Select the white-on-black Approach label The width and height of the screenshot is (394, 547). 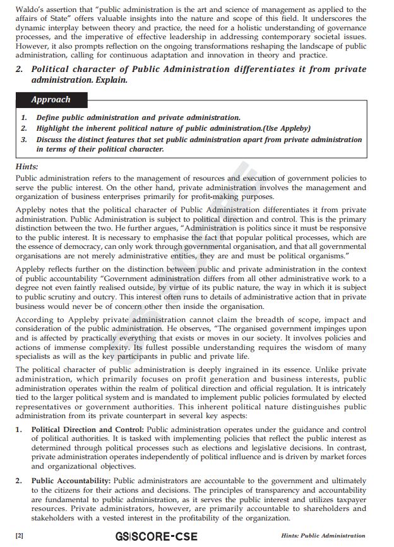(51, 100)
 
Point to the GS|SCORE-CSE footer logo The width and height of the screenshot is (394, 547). (156, 536)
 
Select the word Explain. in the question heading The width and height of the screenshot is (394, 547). (112, 81)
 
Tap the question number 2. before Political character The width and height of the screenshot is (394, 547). (20, 69)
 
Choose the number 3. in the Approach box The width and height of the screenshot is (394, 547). (24, 140)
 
